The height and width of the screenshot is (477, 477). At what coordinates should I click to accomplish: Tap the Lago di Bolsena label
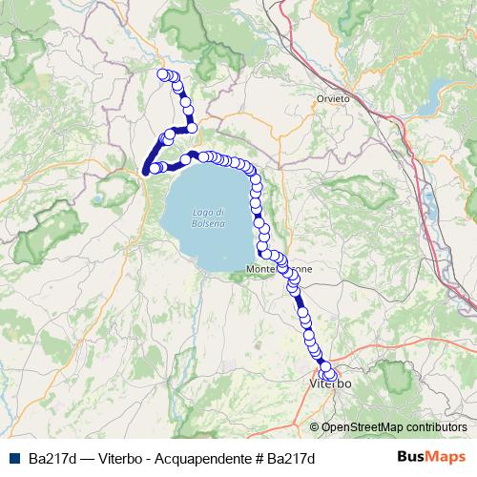207,217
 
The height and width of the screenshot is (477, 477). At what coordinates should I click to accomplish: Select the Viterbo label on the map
331,384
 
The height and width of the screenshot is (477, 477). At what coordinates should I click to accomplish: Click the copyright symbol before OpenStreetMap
315,427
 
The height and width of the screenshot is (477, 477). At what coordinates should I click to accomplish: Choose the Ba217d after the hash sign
291,459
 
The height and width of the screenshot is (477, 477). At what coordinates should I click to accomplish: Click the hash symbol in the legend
259,459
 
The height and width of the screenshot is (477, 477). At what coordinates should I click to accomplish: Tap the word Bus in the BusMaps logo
410,458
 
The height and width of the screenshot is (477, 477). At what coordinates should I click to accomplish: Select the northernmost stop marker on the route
162,73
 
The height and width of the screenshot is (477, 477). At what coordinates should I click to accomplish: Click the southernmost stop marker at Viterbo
331,376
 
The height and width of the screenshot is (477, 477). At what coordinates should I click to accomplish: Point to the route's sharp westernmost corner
145,172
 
